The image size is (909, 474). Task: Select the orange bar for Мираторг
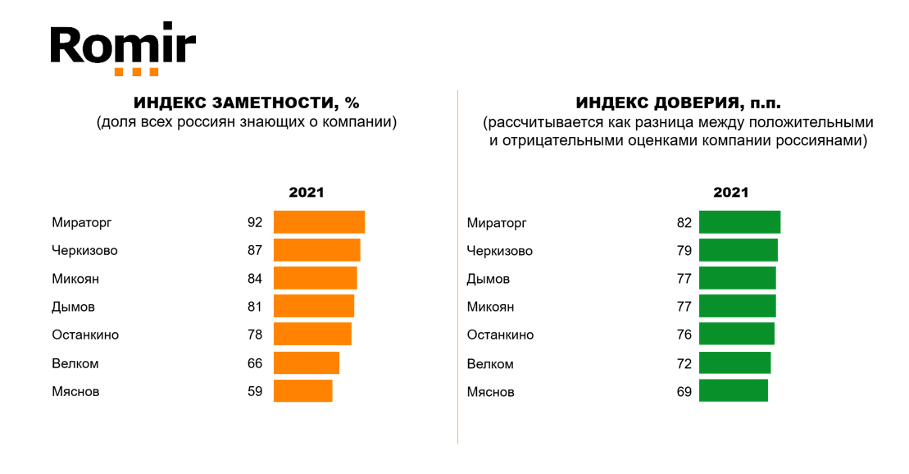point(319,222)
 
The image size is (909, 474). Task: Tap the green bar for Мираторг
point(739,222)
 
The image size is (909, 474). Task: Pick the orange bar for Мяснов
point(302,391)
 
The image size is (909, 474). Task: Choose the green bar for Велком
point(734,363)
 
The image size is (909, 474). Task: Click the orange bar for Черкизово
point(316,250)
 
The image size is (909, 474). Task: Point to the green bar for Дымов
point(737,279)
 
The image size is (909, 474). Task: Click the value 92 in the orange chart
point(254,222)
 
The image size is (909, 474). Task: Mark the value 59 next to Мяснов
point(254,391)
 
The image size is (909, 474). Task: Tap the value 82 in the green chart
point(684,222)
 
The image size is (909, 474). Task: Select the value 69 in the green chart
point(684,392)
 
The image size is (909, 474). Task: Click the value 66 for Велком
point(254,363)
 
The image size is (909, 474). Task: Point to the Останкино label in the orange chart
point(85,335)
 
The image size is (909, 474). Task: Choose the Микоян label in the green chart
point(490,307)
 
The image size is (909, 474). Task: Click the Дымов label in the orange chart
point(73,307)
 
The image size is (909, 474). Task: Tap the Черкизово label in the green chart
point(500,251)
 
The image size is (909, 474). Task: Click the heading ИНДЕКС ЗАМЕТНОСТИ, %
point(247,103)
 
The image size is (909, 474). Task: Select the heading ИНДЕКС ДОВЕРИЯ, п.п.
point(678,103)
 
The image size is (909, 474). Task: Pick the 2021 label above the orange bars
point(307,193)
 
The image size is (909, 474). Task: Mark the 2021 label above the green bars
point(731,193)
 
